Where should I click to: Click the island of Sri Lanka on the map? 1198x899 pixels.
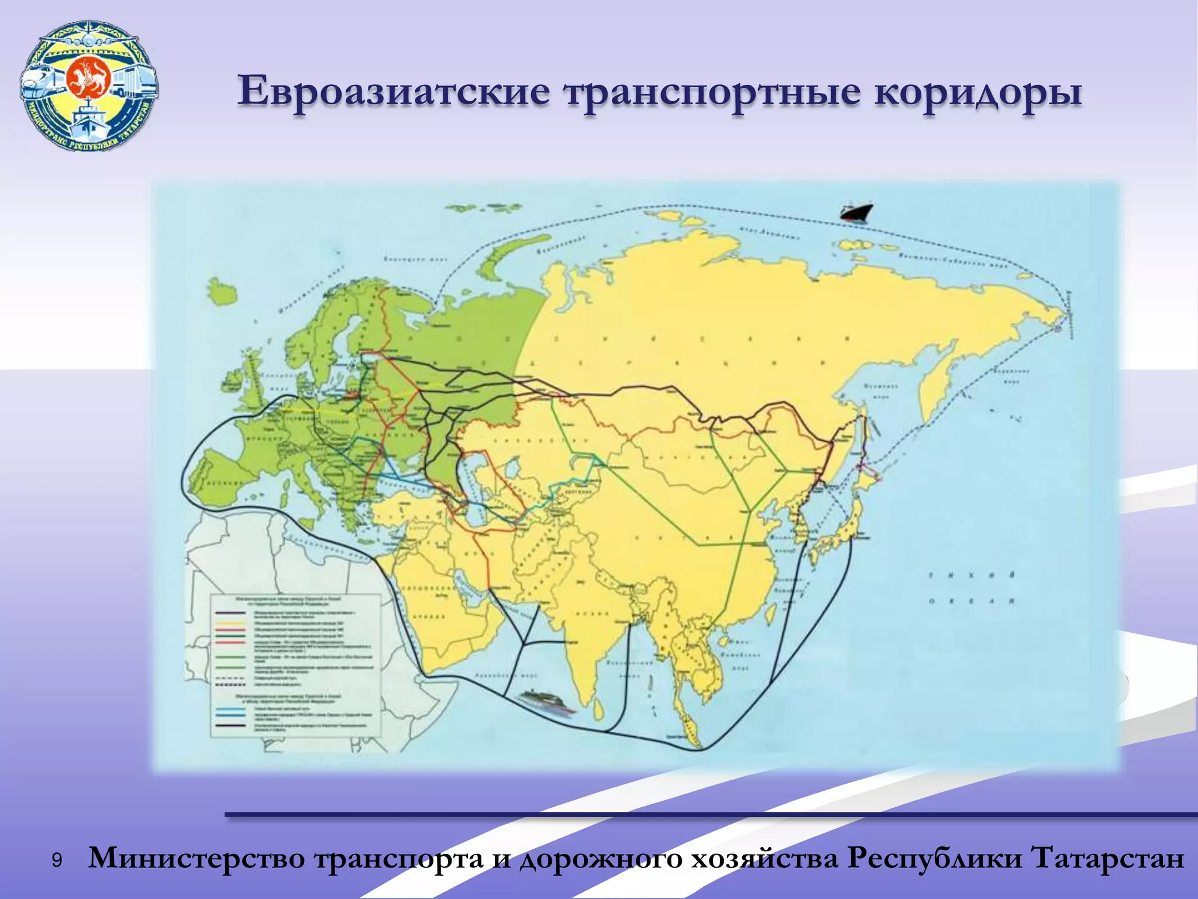click(598, 710)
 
